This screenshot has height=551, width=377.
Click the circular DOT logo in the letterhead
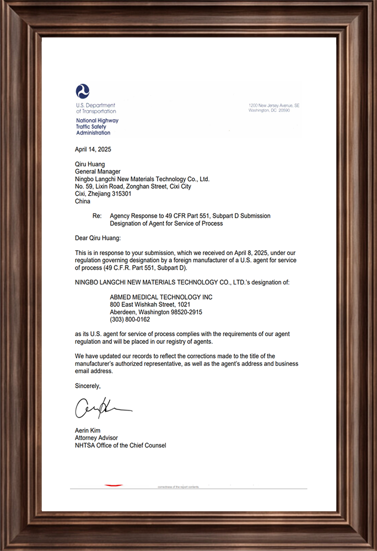click(83, 91)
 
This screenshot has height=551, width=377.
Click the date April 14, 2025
click(93, 149)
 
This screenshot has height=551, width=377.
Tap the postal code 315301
click(120, 194)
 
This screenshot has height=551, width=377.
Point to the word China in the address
click(82, 201)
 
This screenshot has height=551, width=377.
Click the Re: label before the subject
click(98, 216)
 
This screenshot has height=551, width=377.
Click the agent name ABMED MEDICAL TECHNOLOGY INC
click(161, 297)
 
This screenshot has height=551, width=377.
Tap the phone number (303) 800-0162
click(130, 319)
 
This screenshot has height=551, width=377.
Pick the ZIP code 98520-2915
click(183, 312)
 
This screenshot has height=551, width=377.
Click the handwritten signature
click(102, 408)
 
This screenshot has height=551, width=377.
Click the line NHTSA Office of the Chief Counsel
click(120, 445)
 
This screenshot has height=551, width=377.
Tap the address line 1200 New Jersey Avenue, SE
click(274, 105)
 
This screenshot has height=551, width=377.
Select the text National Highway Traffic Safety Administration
click(97, 127)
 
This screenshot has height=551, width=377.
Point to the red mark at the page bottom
click(114, 485)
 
